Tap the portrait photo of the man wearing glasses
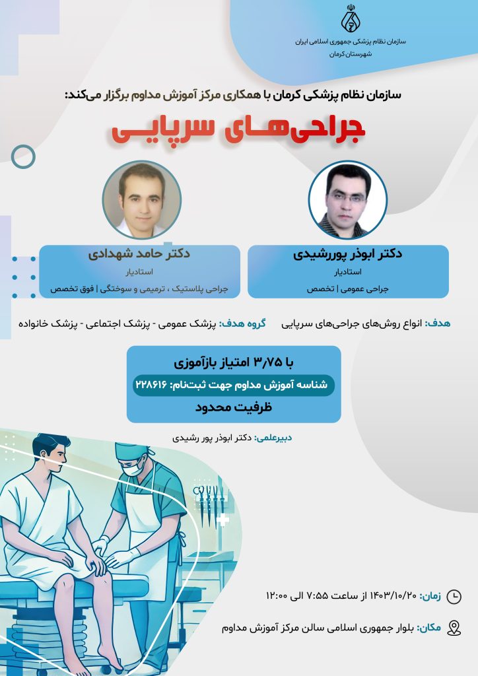coord(348,199)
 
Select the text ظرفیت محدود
coord(234,408)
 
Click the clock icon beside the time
coord(454,597)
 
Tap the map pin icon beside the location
coord(454,628)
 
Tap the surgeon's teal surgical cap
coord(129,451)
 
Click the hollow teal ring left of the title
coord(24,156)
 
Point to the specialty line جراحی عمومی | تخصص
coord(348,289)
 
